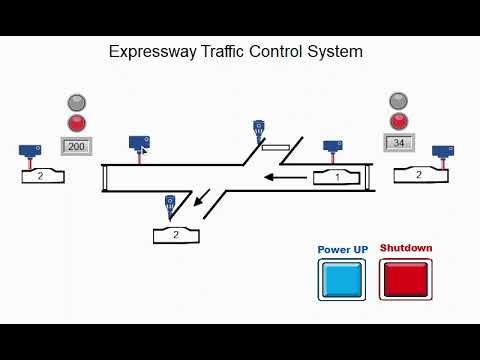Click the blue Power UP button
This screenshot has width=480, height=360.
click(342, 279)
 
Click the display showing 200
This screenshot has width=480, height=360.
click(77, 147)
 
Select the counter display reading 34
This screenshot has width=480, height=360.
click(400, 143)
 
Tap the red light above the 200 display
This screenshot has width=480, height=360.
click(76, 124)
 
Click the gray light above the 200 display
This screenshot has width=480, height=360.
click(76, 102)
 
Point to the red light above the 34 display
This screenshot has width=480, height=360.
click(400, 122)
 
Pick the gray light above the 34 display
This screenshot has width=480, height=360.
click(400, 101)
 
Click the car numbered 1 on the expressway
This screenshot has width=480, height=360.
click(338, 178)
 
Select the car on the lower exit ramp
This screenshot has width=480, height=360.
click(177, 235)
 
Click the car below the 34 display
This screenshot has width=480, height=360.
click(419, 175)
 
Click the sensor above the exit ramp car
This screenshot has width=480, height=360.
click(170, 205)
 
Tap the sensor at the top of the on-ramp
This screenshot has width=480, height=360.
click(259, 130)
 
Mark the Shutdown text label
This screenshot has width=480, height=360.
click(405, 249)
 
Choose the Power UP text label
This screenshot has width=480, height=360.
click(342, 249)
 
